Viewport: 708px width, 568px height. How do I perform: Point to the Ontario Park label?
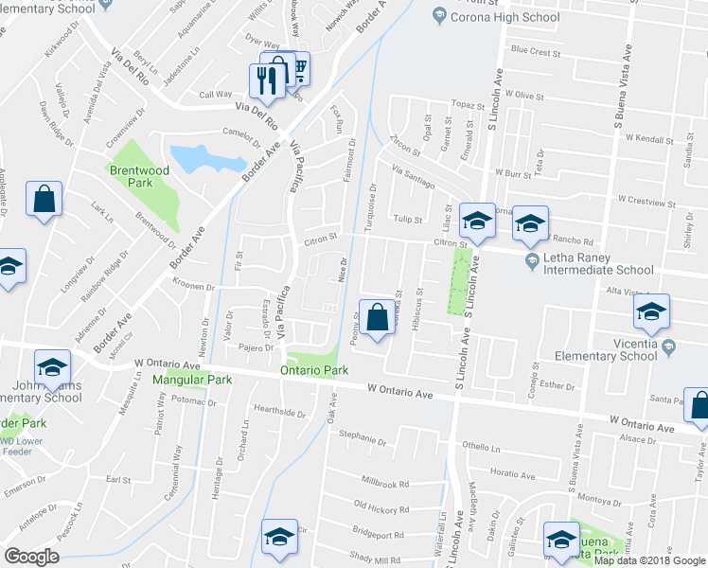[x=314, y=371]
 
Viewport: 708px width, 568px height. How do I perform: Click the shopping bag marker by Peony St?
[x=377, y=319]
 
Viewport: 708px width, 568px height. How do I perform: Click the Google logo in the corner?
[x=32, y=557]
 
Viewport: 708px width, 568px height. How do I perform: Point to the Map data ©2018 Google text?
[x=649, y=560]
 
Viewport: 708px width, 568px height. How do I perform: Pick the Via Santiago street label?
[x=413, y=176]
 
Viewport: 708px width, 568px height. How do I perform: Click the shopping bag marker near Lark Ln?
[x=44, y=201]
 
